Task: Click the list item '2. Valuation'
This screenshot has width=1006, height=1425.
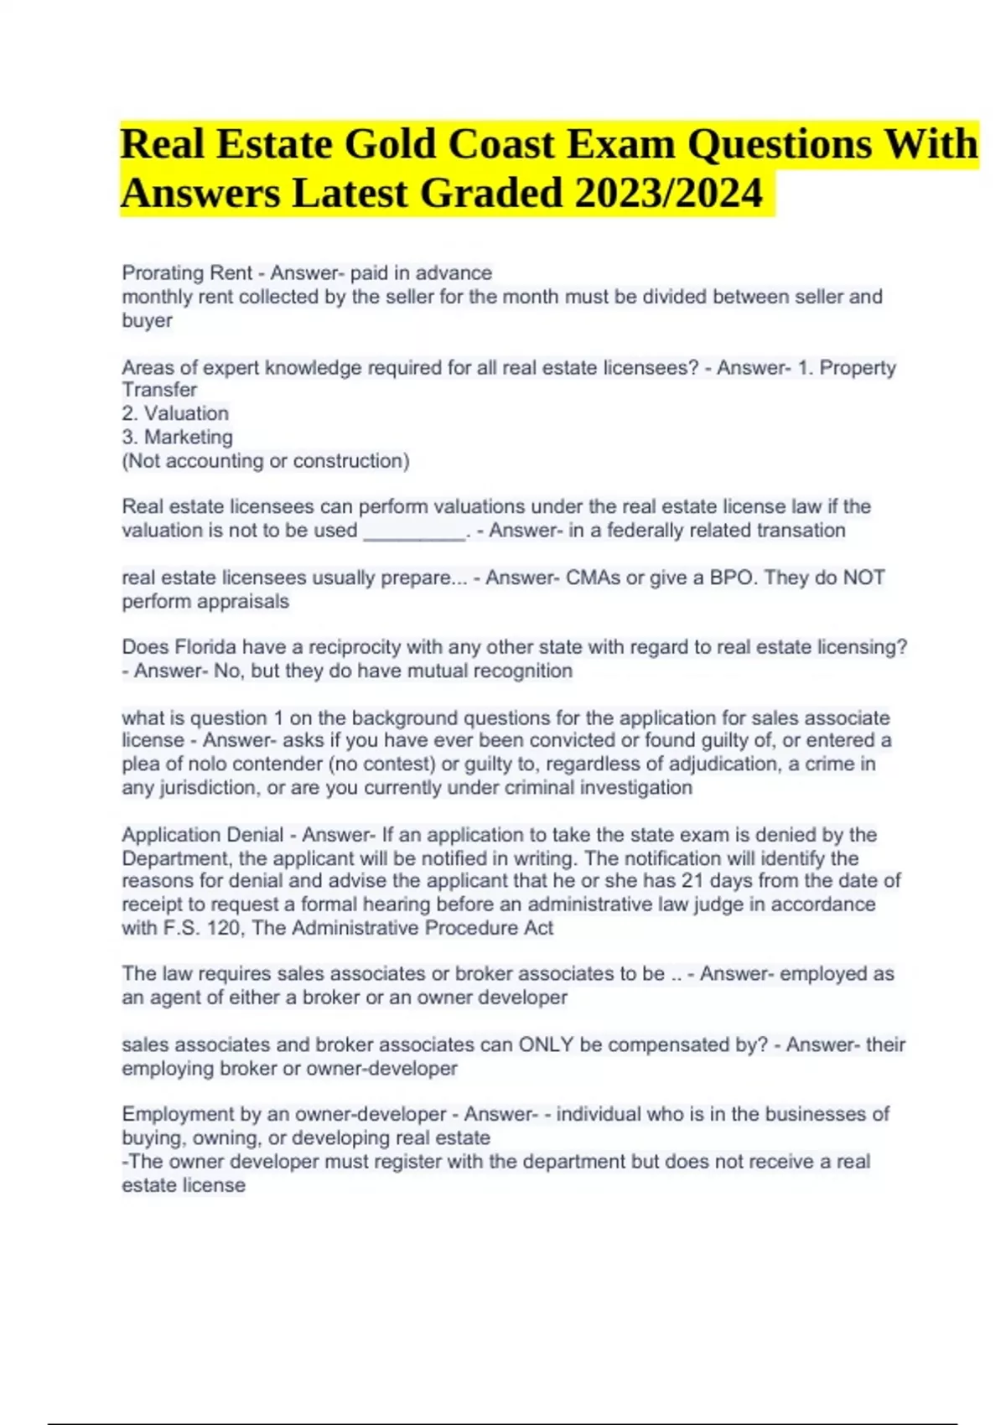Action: click(175, 413)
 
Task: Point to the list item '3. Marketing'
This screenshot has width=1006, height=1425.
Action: click(177, 437)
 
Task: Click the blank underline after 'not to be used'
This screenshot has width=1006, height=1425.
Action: click(414, 531)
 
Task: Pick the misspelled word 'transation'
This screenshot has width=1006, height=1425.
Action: click(801, 531)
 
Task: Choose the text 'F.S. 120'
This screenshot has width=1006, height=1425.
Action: click(199, 928)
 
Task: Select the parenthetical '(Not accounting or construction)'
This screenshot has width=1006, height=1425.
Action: click(266, 461)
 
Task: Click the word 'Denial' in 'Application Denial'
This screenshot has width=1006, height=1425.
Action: click(251, 835)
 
